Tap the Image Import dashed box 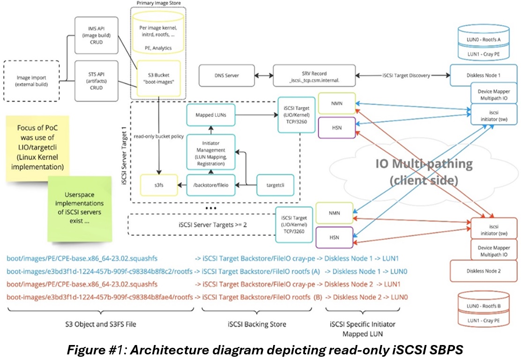32,80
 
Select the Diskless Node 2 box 485,270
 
